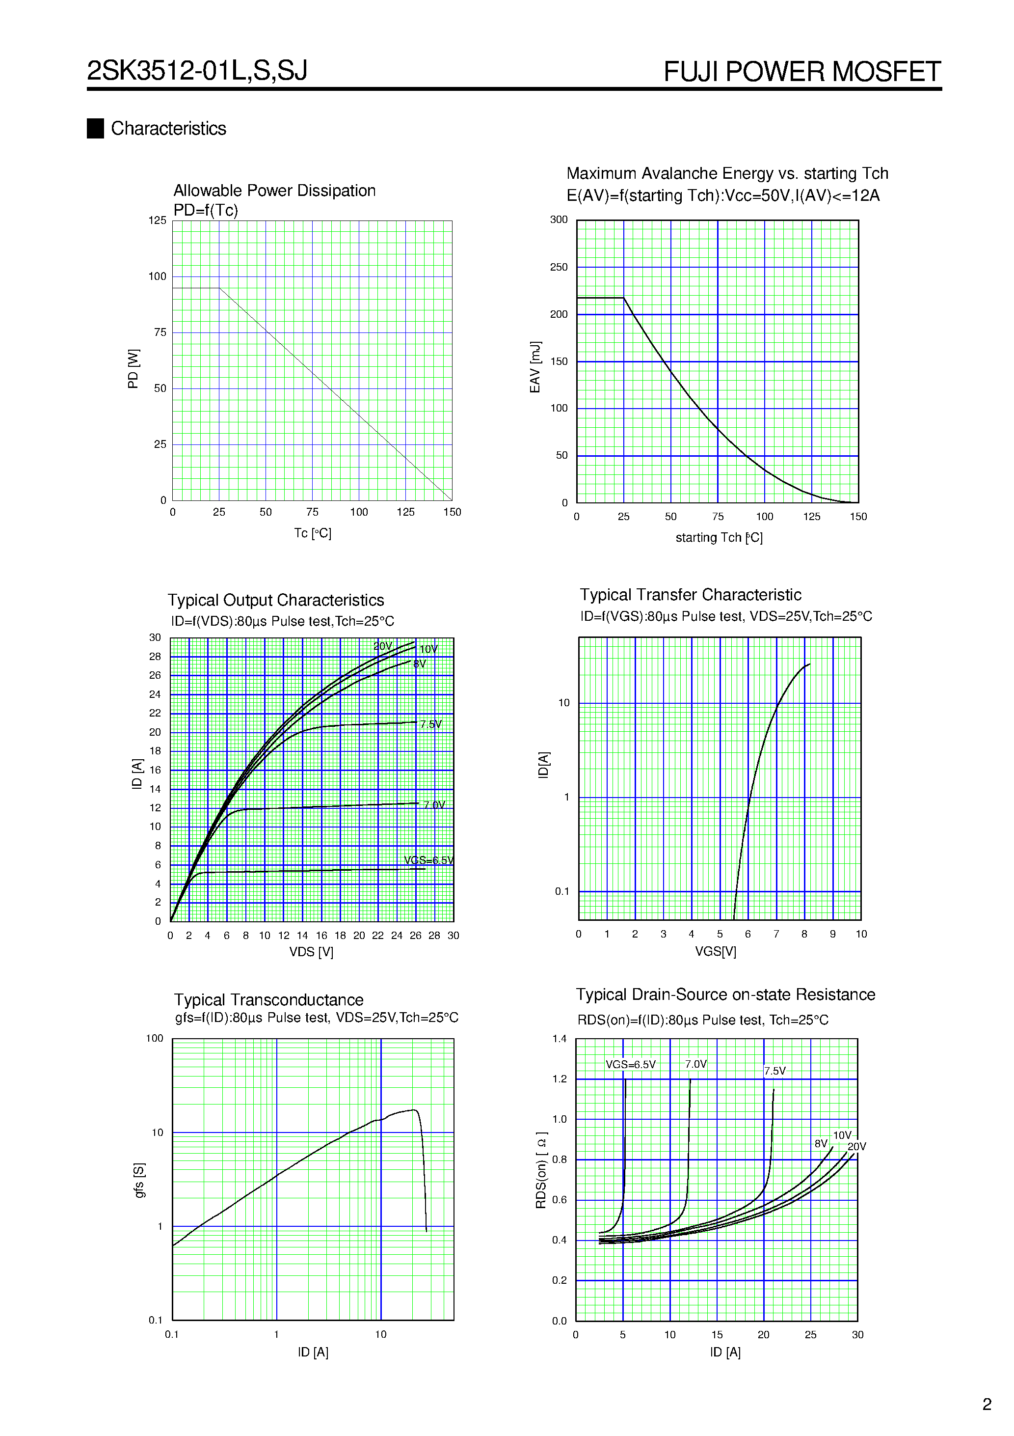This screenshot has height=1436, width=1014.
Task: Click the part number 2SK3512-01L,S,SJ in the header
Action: click(197, 71)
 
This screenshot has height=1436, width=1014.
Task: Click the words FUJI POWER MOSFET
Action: click(801, 72)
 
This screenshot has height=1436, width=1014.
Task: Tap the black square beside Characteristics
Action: click(95, 128)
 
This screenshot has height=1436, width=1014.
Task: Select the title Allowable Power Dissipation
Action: click(274, 190)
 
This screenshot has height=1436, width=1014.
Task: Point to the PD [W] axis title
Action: click(133, 368)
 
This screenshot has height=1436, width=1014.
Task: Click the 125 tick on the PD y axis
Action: click(157, 220)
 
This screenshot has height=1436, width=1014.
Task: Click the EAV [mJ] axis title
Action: click(535, 367)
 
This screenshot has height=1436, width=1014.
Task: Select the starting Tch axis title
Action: click(719, 537)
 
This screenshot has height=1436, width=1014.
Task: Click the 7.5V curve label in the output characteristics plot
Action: click(431, 724)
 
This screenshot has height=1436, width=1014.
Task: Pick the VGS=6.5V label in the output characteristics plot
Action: click(428, 860)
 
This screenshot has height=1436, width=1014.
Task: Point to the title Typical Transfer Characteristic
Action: click(690, 594)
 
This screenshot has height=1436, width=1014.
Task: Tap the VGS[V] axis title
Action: click(715, 951)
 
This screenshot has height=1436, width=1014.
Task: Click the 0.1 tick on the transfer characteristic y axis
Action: click(561, 891)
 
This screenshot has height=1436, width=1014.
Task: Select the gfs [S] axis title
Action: click(139, 1180)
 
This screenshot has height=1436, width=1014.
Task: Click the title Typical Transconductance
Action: click(268, 999)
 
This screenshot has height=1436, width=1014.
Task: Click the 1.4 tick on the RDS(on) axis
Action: click(559, 1039)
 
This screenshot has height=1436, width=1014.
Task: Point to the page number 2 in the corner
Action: click(987, 1405)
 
